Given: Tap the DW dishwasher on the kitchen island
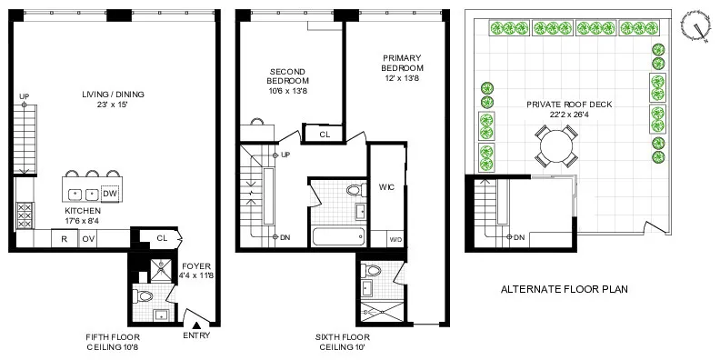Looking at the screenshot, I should [109, 194].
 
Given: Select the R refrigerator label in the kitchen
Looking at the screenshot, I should [65, 239].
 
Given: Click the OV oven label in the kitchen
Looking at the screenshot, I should [89, 239].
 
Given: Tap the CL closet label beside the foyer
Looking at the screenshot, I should [162, 238].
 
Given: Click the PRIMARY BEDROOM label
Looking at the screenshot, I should [402, 74].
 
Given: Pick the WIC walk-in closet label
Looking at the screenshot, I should [384, 188].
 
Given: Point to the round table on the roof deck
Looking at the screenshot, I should [555, 145].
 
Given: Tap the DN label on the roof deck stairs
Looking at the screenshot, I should [519, 237].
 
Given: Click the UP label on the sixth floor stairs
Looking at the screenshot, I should [285, 154].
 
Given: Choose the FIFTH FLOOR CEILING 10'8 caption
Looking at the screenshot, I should [112, 342].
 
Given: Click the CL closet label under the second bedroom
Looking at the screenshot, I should [324, 135].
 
